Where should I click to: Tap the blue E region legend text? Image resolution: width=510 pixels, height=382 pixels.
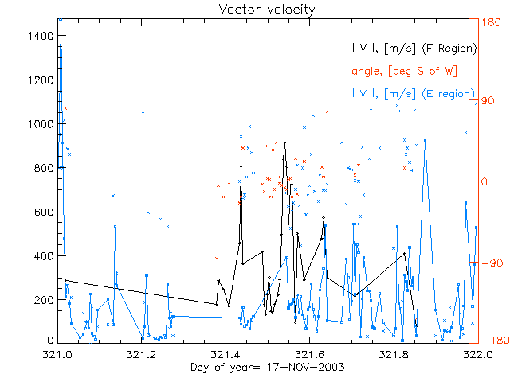(414, 93)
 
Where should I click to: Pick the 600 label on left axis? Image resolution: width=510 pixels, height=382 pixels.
(45, 212)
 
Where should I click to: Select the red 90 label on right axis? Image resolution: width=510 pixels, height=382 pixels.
(487, 101)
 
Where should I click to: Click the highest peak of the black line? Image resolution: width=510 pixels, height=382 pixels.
(284, 143)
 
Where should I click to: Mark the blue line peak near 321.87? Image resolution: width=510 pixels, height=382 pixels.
(425, 141)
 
